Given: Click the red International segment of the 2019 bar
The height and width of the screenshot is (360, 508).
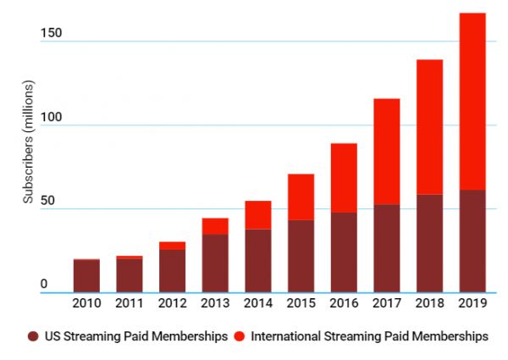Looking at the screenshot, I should (472, 102).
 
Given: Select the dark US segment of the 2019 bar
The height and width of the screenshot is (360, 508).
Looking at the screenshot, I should (472, 241).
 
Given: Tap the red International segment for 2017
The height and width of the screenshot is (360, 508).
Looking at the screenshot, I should (386, 152).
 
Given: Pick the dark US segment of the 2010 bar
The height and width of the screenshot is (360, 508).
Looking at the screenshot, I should (86, 276).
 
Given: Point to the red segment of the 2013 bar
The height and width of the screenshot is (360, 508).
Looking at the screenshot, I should (215, 226).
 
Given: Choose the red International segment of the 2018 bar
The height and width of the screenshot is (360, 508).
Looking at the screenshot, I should (429, 127).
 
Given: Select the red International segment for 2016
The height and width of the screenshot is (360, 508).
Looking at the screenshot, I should (344, 178).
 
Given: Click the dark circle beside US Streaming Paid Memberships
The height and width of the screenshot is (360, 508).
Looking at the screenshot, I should (33, 336).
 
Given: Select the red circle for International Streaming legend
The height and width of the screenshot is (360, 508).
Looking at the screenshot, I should (240, 336).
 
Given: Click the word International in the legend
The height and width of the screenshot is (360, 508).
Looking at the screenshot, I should (285, 336).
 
